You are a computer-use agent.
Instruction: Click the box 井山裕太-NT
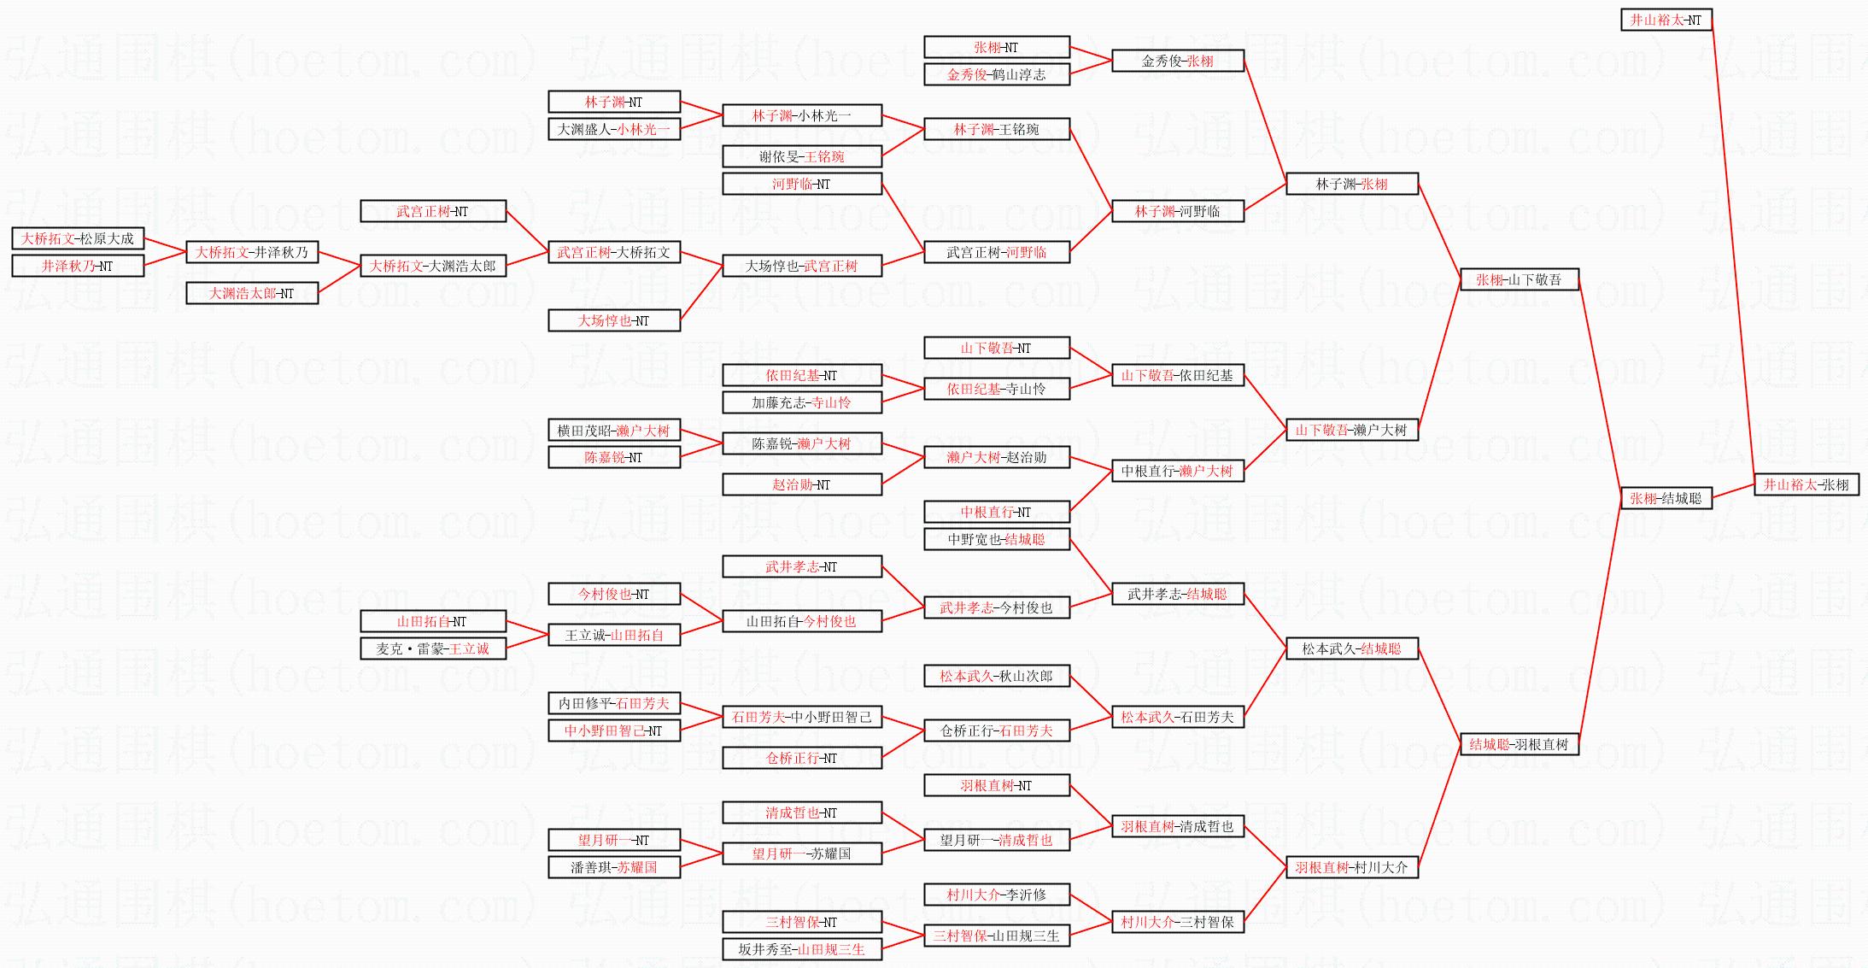pyautogui.click(x=1666, y=20)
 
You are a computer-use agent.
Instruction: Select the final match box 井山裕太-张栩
pyautogui.click(x=1806, y=484)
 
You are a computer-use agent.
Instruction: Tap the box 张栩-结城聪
pyautogui.click(x=1666, y=498)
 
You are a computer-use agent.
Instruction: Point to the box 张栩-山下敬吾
pyautogui.click(x=1519, y=279)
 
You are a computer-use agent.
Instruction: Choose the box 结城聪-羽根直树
pyautogui.click(x=1519, y=744)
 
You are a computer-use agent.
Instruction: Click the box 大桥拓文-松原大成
pyautogui.click(x=78, y=238)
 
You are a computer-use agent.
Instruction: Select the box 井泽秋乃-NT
pyautogui.click(x=78, y=266)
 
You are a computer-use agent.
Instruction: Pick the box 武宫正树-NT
pyautogui.click(x=432, y=211)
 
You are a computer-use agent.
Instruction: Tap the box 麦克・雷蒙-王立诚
pyautogui.click(x=432, y=648)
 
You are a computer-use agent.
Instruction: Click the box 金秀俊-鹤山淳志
pyautogui.click(x=996, y=74)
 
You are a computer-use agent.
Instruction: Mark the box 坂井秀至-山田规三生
pyautogui.click(x=801, y=949)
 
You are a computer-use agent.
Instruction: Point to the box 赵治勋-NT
pyautogui.click(x=801, y=484)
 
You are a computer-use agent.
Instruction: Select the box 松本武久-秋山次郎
pyautogui.click(x=996, y=676)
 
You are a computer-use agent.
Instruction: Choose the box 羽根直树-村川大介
pyautogui.click(x=1351, y=867)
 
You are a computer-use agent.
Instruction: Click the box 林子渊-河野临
pyautogui.click(x=1177, y=211)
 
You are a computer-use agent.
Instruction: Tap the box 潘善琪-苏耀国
pyautogui.click(x=613, y=867)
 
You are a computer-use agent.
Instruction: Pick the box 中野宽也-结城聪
pyautogui.click(x=996, y=539)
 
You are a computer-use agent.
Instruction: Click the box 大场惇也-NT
pyautogui.click(x=613, y=320)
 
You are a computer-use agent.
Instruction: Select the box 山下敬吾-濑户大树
pyautogui.click(x=1351, y=430)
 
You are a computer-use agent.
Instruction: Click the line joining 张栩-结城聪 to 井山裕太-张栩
pyautogui.click(x=1733, y=491)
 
